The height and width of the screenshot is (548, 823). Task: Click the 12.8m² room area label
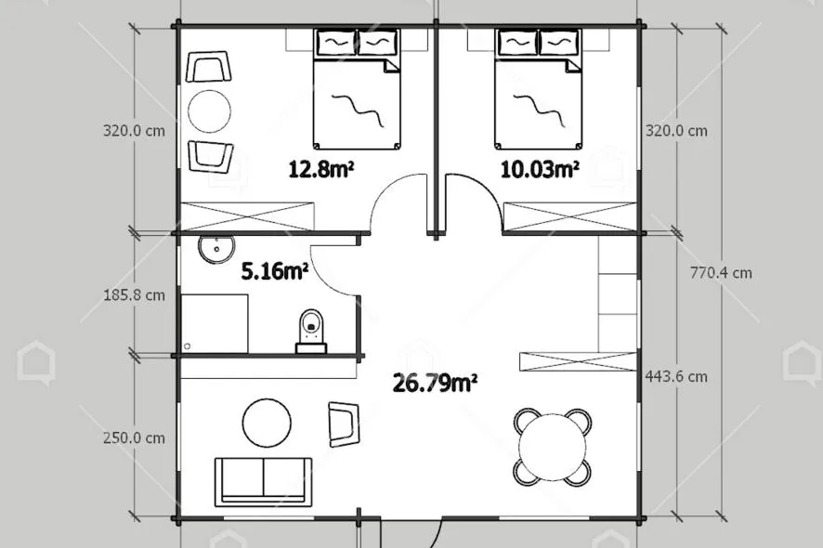coord(320,169)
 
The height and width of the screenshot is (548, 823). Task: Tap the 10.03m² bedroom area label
coord(540,169)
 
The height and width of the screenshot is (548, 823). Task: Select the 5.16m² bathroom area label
coord(275,271)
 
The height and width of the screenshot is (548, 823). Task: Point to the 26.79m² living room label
coord(435,383)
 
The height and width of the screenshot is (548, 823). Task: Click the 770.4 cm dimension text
coord(721,273)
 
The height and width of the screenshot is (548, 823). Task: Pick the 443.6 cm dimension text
coord(676,376)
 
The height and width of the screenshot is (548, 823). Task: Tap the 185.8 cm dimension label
coord(135,295)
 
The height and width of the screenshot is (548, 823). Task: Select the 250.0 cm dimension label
coord(135,437)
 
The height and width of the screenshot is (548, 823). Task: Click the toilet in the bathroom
coord(311,332)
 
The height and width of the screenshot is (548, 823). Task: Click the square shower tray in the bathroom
coord(215,323)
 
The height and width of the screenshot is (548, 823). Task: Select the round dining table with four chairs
coord(552,447)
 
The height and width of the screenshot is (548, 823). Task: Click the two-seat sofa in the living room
coord(263,481)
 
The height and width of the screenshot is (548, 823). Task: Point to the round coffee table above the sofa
coord(267,423)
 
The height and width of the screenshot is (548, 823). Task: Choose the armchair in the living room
coord(344,424)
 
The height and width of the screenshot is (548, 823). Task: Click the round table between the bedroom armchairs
coord(209,111)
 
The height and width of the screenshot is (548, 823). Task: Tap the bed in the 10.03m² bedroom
coord(538,89)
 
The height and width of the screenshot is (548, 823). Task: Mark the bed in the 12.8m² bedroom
coord(357,89)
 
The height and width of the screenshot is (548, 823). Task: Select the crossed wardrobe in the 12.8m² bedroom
coord(247,216)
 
